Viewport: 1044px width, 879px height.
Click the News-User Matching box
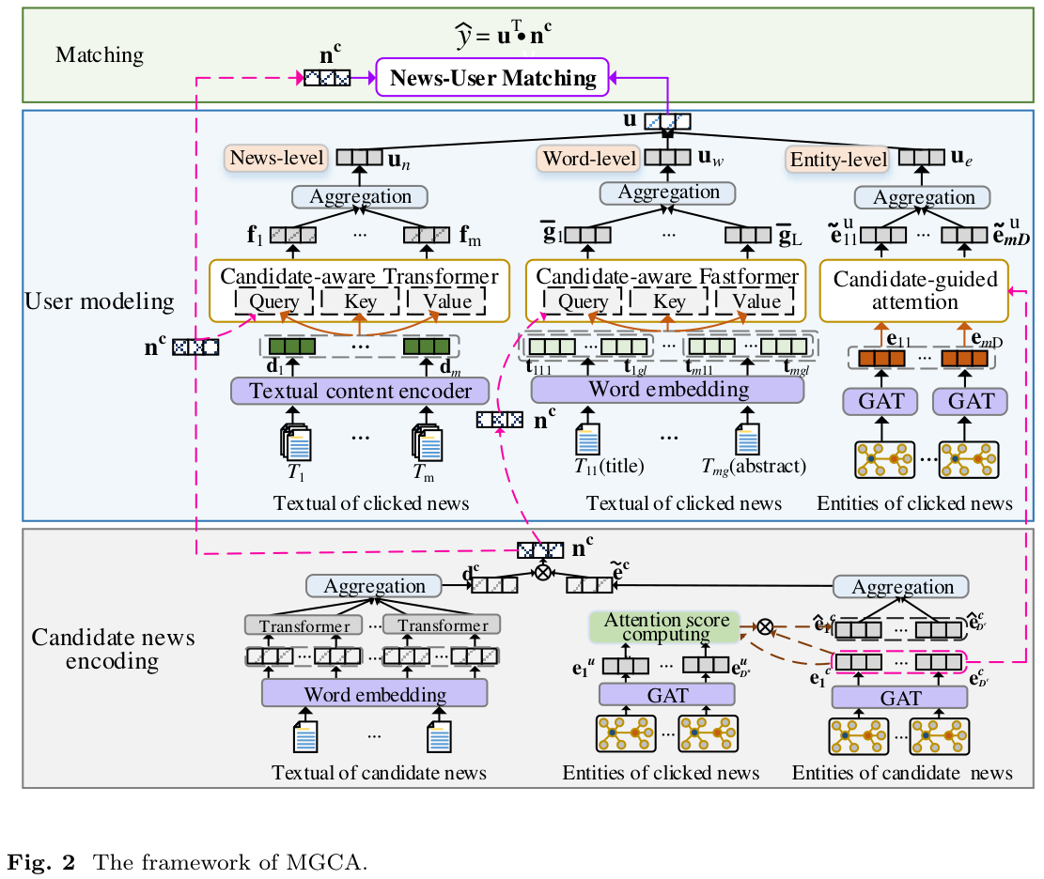coord(493,77)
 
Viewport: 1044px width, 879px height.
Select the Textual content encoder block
coord(360,391)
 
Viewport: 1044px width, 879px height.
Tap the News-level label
coord(276,158)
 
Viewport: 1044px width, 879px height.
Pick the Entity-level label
coord(837,161)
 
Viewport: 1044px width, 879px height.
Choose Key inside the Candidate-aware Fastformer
coord(669,301)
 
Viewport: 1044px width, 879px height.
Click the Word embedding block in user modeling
coord(668,389)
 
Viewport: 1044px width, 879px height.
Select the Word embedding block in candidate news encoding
coord(375,695)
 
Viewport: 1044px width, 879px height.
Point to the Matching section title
coord(100,54)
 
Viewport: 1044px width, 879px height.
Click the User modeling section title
coord(100,301)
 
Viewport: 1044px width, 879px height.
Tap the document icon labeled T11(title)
coord(588,440)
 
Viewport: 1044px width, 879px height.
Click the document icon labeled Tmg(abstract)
coord(748,440)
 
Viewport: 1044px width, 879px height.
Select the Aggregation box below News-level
coord(360,197)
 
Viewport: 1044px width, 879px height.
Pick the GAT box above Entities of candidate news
coord(899,698)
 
